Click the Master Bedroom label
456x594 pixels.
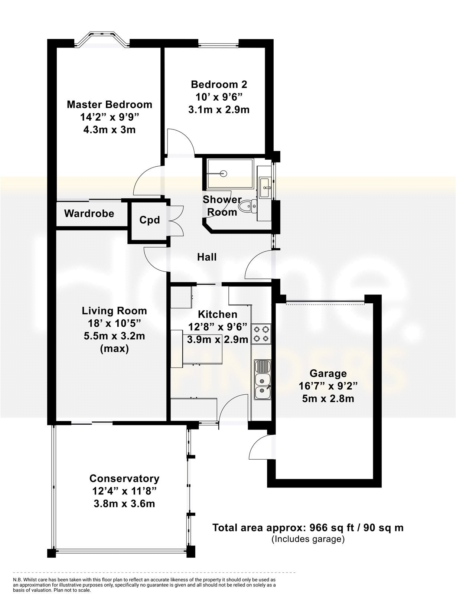click(109, 105)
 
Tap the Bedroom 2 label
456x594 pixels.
click(219, 85)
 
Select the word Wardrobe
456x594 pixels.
click(89, 213)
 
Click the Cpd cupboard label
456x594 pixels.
click(150, 220)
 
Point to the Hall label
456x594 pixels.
click(207, 257)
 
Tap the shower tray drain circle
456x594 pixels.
click(224, 173)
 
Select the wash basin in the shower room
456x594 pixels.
click(265, 187)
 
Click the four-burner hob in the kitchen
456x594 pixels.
click(261, 334)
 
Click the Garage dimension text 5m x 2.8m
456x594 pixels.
click(328, 399)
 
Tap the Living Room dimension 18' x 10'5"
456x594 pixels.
click(114, 324)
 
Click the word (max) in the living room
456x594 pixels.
click(114, 349)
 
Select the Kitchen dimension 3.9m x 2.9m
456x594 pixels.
click(218, 339)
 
